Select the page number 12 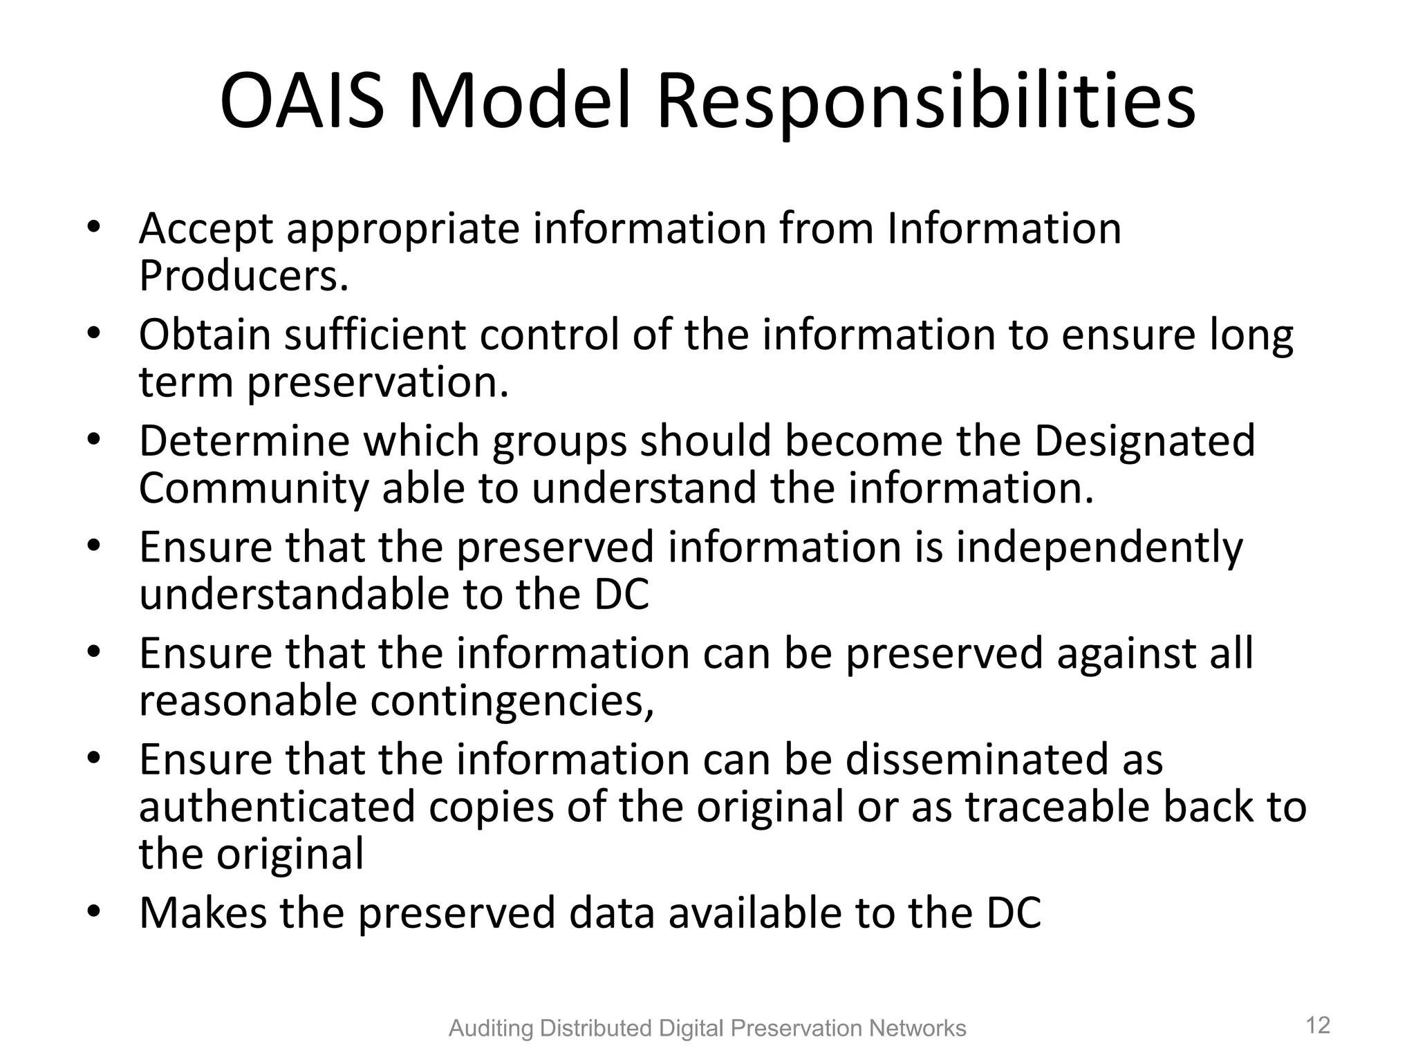[1318, 1025]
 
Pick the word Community [254, 489]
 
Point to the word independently [1099, 548]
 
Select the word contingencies [512, 701]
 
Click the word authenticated [277, 807]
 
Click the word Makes [203, 913]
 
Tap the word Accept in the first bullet [206, 230]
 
